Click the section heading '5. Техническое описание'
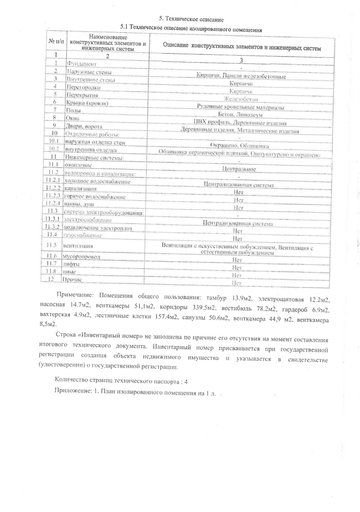[x=192, y=19]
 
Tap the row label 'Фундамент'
[x=82, y=63]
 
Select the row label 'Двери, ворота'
[x=85, y=126]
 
